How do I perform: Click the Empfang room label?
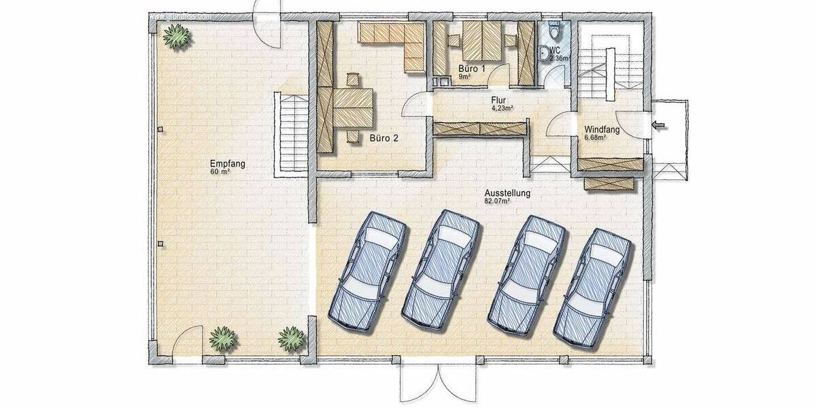pos(227,164)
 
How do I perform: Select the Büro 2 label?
pos(384,138)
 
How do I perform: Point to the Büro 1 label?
pos(471,69)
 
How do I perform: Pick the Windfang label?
pos(602,131)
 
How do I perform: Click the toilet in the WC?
pos(554,31)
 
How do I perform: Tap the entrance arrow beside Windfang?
pos(659,124)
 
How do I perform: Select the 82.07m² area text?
pos(497,201)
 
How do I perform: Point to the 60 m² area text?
pos(220,172)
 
